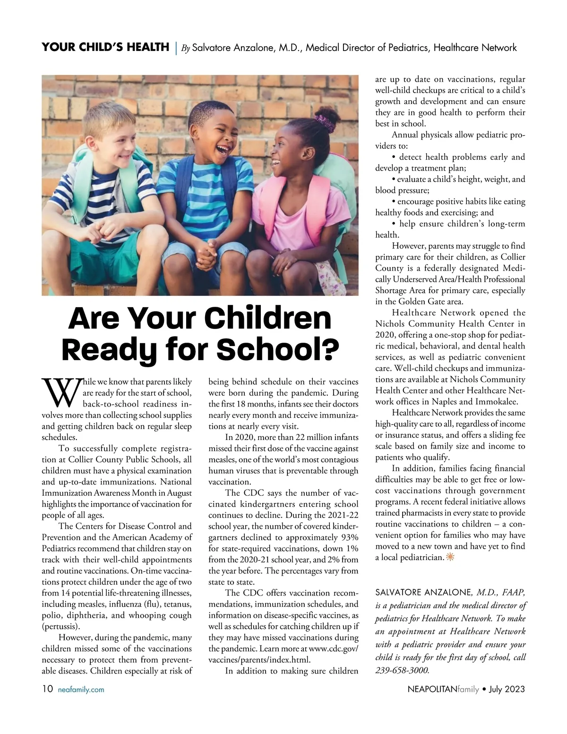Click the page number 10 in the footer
[47, 689]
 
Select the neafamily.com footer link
[81, 690]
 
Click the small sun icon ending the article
[450, 557]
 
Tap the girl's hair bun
[325, 115]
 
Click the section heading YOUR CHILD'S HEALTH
[105, 47]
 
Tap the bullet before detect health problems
[394, 157]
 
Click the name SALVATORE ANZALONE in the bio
[423, 593]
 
